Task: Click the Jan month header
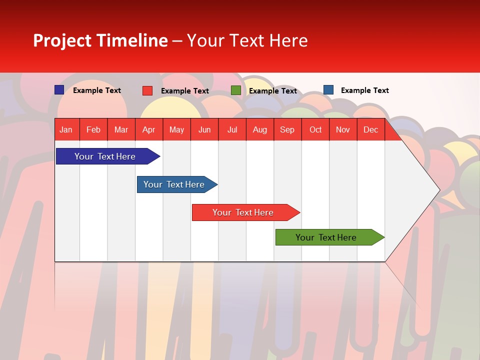tap(66, 129)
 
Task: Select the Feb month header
tap(93, 129)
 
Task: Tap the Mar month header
tap(121, 129)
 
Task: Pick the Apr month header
tap(149, 129)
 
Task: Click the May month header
tap(176, 129)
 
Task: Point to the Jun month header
tap(204, 129)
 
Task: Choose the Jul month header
tap(232, 129)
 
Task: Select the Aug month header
tap(259, 129)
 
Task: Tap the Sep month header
tap(287, 129)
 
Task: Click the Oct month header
tap(315, 129)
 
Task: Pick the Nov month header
tap(343, 129)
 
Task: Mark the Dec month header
tap(370, 129)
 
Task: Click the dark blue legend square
tap(59, 90)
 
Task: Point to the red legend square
tap(147, 90)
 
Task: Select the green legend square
tap(236, 90)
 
